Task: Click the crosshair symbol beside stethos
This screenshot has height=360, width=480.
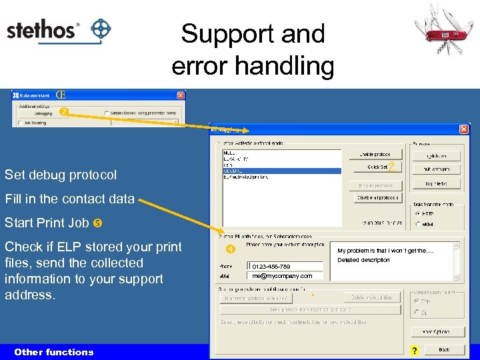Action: coord(100,30)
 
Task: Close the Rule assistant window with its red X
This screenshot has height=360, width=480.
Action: coord(180,95)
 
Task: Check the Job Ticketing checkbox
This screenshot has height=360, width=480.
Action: coord(21,123)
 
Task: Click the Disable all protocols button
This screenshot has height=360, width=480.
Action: coord(377,197)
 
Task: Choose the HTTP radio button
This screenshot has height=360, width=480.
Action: coord(418,214)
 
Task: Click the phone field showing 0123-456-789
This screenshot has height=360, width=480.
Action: coord(286,267)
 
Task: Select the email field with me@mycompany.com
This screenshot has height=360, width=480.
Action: coord(286,275)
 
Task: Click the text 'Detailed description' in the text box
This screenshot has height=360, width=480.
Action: coord(363,260)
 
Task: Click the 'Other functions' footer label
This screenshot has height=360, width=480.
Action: coord(54,352)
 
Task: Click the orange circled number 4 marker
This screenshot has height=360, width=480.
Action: coord(230,249)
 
